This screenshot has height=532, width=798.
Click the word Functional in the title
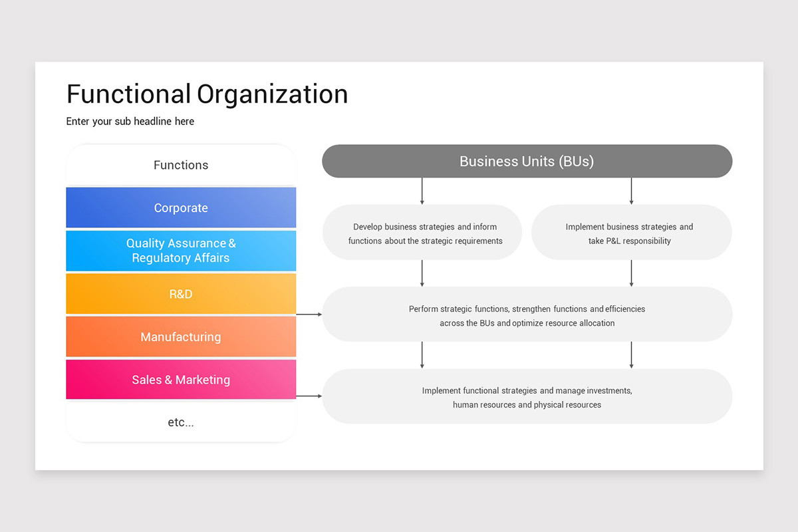click(x=129, y=94)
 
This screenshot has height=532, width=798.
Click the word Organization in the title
click(x=272, y=94)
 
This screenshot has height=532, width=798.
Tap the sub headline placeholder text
click(x=130, y=121)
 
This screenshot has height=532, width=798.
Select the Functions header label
click(x=181, y=165)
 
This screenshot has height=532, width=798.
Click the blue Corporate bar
click(x=181, y=207)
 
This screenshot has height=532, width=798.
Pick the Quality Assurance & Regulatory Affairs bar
click(x=181, y=251)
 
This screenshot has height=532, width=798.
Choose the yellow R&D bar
click(x=181, y=293)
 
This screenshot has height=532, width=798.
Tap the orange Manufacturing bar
click(x=181, y=336)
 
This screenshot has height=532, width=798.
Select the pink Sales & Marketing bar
click(x=181, y=380)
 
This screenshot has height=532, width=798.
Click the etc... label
click(x=181, y=422)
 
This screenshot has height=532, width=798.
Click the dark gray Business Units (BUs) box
click(x=527, y=161)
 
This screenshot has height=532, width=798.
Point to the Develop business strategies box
click(x=422, y=233)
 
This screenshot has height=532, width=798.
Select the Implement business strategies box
click(x=630, y=233)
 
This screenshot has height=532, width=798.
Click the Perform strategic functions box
click(x=527, y=315)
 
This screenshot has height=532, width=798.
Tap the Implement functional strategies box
click(x=527, y=397)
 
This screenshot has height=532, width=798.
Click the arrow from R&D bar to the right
click(x=309, y=313)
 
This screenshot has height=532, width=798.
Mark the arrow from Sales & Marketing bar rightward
click(x=309, y=396)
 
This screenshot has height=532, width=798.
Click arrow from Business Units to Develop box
click(x=422, y=190)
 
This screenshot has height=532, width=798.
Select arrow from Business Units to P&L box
click(x=631, y=190)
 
